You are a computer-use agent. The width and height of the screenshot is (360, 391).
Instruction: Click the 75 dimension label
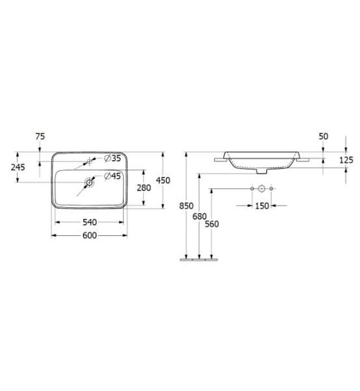click(40, 136)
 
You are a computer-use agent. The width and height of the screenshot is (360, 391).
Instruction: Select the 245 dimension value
click(18, 167)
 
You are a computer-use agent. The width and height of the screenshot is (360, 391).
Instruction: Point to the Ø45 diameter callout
click(113, 176)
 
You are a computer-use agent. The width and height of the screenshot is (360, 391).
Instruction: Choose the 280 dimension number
click(143, 188)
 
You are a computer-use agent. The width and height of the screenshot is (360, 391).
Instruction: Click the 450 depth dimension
click(162, 180)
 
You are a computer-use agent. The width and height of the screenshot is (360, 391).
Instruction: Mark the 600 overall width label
click(89, 235)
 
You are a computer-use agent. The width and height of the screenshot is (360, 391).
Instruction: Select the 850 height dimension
click(186, 206)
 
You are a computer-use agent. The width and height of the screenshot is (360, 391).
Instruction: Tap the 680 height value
click(199, 216)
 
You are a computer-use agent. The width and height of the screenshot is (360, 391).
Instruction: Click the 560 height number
click(212, 224)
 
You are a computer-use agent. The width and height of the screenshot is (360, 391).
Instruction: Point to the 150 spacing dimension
click(262, 206)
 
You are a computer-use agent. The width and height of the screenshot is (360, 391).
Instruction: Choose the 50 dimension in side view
click(323, 136)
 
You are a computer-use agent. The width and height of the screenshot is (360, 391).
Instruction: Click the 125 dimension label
click(346, 160)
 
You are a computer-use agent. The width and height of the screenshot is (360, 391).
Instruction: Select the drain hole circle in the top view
click(88, 182)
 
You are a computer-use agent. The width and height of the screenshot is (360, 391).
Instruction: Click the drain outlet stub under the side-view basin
click(261, 172)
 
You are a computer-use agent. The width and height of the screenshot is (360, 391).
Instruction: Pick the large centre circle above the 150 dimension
click(261, 190)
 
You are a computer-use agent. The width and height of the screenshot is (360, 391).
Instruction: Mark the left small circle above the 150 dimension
click(252, 190)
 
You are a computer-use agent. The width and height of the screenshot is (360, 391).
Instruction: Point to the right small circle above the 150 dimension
click(271, 190)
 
